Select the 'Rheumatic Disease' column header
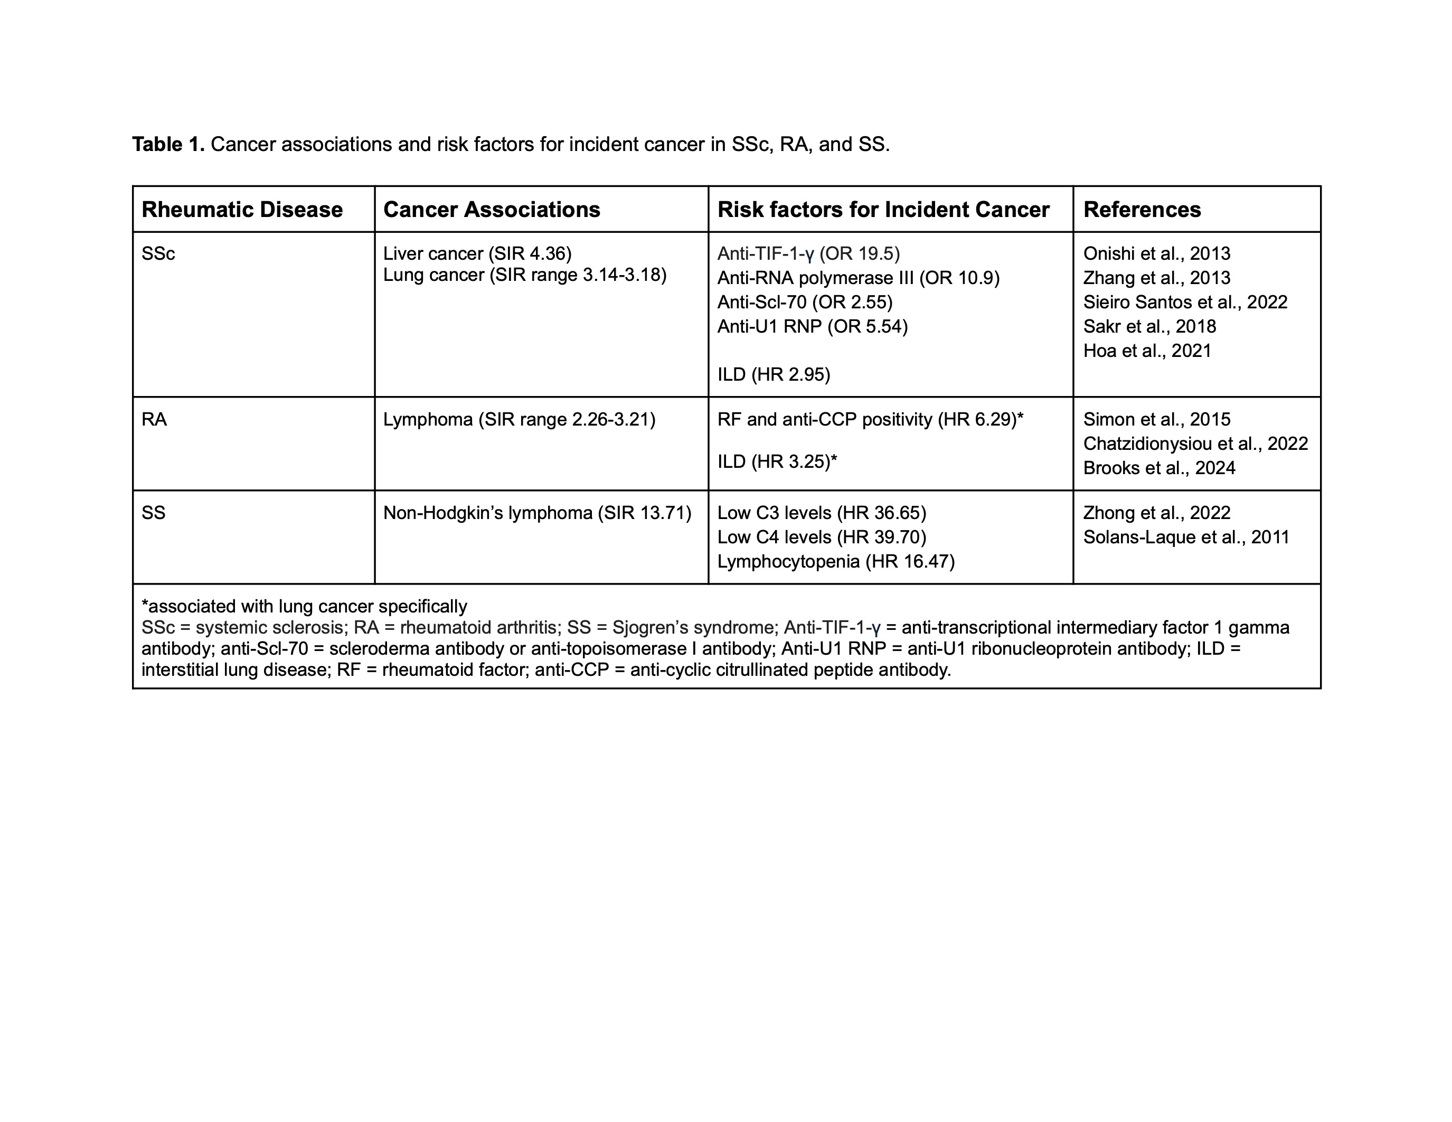coord(242,210)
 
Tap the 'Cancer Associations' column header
coord(492,210)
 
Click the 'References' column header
coord(1142,210)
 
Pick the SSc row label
coord(158,254)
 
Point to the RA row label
coord(154,419)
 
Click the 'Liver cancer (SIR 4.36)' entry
coord(477,253)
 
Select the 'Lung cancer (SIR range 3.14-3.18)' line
coord(524,275)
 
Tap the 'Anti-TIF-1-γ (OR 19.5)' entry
coord(808,253)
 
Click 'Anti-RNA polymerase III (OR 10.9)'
coord(857,278)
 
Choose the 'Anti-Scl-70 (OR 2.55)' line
coord(805,303)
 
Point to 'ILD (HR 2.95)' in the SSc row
coord(773,375)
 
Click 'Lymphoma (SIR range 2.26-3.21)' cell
coord(518,419)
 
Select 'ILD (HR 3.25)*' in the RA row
coord(777,461)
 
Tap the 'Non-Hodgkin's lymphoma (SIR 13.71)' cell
coord(537,513)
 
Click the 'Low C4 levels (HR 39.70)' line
coord(821,537)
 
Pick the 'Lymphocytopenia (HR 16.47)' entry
coord(836,562)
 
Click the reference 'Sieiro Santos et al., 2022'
coord(1185,303)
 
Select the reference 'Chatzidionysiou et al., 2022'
coord(1195,444)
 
